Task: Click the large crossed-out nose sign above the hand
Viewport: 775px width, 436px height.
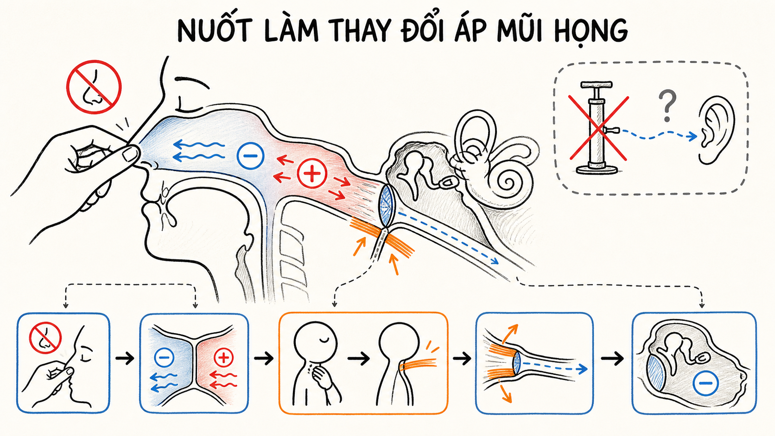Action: coord(94,87)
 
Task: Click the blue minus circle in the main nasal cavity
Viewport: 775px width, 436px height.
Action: coord(250,156)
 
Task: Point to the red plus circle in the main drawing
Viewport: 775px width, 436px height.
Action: coord(312,173)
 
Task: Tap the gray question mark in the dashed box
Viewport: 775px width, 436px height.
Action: coord(667,106)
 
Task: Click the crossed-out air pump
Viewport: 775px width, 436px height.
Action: coord(598,128)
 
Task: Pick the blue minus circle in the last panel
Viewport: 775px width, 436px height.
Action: coord(706,383)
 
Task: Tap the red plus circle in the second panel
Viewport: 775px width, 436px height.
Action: coord(224,358)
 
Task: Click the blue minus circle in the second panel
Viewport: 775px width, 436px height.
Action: coord(164,358)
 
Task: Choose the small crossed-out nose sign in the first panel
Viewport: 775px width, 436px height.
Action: coord(45,338)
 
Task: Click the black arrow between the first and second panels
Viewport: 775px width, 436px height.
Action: coord(125,359)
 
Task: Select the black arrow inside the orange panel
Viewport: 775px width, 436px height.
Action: coord(358,359)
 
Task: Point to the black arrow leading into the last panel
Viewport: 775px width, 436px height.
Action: coord(612,359)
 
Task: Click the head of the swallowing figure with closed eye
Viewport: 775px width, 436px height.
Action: coord(315,341)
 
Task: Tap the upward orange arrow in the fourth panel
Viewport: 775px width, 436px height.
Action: coord(510,334)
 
